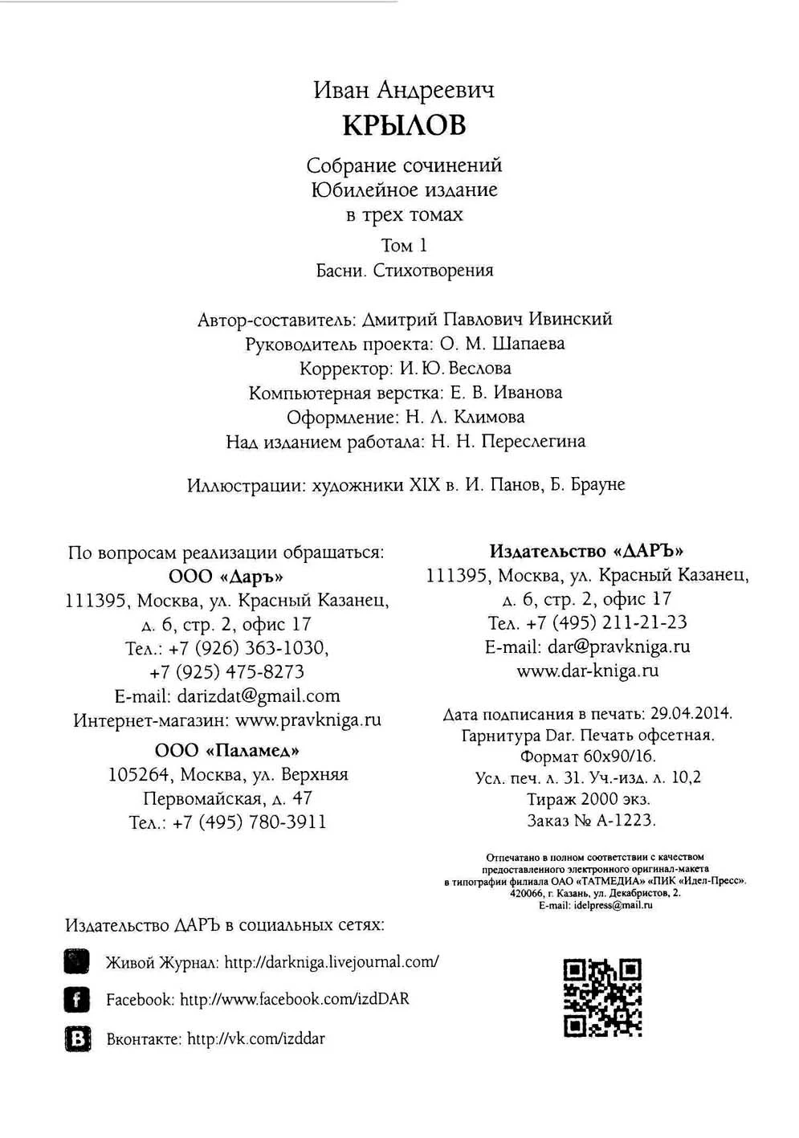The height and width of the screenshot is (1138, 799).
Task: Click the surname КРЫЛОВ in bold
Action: point(404,125)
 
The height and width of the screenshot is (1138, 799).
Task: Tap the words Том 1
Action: point(404,245)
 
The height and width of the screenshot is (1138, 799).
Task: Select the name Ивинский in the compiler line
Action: point(570,319)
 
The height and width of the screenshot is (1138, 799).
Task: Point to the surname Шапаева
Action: point(528,344)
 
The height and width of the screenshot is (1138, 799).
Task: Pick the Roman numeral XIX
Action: point(425,485)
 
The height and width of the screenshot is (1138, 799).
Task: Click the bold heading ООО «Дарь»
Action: point(226,577)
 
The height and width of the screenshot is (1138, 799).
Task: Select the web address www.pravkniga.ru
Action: point(308,720)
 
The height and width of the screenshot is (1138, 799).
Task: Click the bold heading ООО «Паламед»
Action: point(227,751)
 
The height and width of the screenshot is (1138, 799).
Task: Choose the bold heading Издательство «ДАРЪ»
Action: point(586,552)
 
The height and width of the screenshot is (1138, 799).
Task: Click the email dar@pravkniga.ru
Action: point(619,647)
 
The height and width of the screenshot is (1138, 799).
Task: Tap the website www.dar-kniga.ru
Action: point(588,671)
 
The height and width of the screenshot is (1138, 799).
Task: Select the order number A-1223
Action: point(626,821)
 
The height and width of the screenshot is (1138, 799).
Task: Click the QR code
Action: point(602,997)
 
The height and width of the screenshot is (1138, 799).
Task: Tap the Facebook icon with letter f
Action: point(77,1000)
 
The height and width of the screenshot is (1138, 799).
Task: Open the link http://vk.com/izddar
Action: point(256,1038)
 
